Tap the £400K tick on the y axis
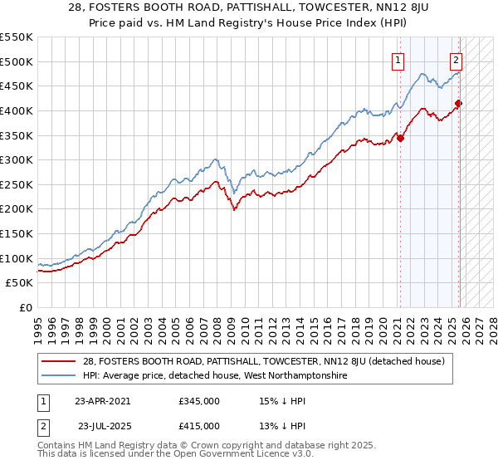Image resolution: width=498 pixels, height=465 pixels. click(17, 110)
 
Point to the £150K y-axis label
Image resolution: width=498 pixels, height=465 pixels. click(17, 234)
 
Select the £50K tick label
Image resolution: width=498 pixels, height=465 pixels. click(20, 283)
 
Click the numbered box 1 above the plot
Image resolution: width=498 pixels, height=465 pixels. click(399, 59)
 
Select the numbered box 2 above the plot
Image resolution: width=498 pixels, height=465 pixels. click(456, 59)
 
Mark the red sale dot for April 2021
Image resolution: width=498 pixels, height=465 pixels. click(400, 138)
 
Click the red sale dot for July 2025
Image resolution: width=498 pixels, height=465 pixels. click(458, 103)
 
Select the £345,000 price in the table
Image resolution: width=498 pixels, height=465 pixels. click(198, 400)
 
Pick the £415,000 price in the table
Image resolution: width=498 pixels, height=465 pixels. click(198, 425)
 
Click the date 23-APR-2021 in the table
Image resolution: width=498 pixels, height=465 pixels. click(102, 400)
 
